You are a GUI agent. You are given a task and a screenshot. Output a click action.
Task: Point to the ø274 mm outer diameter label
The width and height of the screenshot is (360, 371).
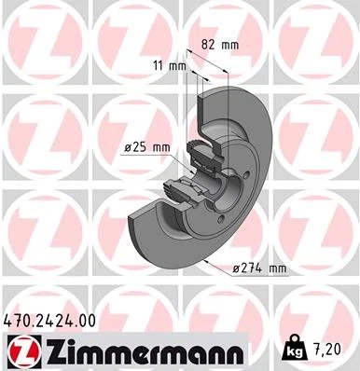pyautogui.click(x=258, y=269)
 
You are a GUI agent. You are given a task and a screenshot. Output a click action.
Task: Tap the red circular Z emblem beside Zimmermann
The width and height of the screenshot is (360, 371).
pyautogui.click(x=21, y=351)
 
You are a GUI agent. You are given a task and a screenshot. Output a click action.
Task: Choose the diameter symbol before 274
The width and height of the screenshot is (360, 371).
pyautogui.click(x=236, y=269)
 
